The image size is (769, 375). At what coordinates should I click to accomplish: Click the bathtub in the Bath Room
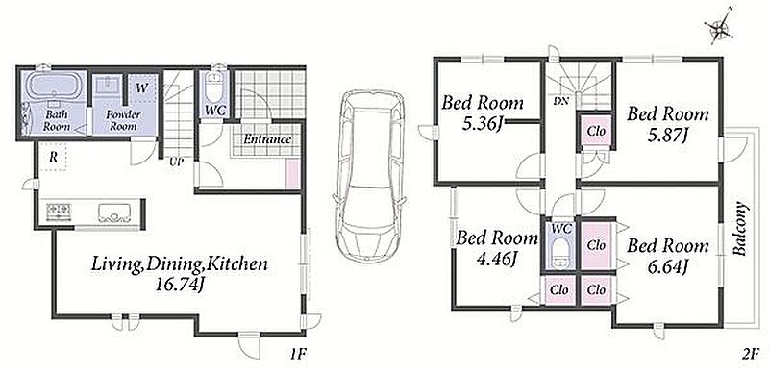53,85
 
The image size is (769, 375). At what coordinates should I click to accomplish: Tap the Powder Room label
123,120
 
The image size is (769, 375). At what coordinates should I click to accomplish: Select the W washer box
142,88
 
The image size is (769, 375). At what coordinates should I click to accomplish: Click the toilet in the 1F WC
213,88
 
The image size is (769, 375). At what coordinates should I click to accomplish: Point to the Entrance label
268,138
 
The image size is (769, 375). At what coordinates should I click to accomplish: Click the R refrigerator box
52,157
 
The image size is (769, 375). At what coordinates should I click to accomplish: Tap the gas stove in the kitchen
59,211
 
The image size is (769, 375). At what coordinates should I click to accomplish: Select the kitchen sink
113,212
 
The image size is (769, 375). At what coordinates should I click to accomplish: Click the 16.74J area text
179,285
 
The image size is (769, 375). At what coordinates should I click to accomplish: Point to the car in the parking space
370,175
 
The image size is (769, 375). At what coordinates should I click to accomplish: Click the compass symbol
719,28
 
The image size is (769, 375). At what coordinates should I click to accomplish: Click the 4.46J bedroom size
497,257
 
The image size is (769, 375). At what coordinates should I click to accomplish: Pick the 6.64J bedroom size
667,265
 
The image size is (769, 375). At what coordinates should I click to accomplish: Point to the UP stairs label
177,162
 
